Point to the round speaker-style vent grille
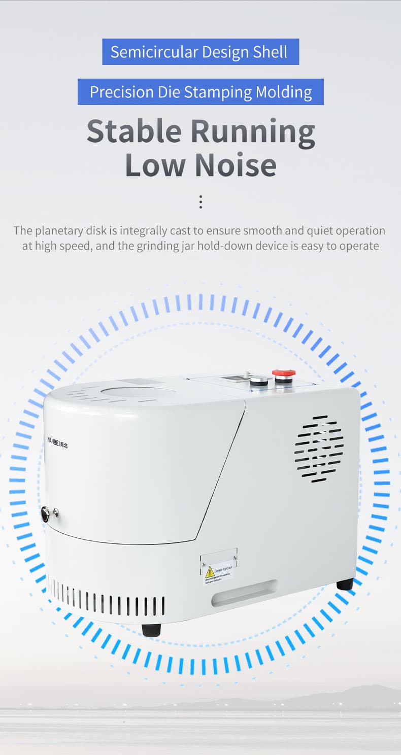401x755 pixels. [x=319, y=449]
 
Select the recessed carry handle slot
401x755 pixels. [x=245, y=593]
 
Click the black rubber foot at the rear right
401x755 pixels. [x=345, y=584]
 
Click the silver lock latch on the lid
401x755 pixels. [x=49, y=513]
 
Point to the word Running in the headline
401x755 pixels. [x=252, y=132]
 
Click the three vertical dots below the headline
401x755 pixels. [x=201, y=202]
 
